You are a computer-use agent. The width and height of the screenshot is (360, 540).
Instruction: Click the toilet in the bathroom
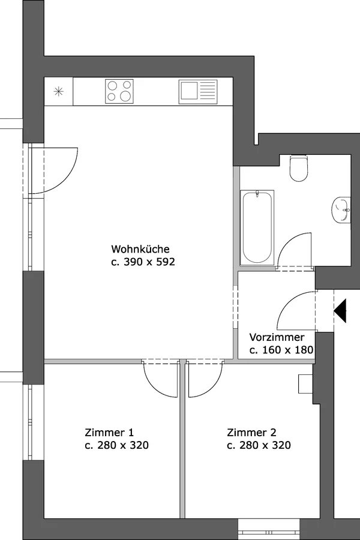click(299, 168)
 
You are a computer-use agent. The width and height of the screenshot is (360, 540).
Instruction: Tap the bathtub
click(257, 227)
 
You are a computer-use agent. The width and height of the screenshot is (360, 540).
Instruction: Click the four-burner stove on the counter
click(119, 91)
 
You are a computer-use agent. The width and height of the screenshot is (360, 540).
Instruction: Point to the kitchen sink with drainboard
click(198, 92)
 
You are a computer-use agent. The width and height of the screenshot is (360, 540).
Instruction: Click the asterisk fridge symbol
click(59, 92)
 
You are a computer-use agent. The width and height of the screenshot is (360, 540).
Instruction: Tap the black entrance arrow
click(340, 311)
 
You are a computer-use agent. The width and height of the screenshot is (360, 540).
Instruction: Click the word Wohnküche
click(140, 248)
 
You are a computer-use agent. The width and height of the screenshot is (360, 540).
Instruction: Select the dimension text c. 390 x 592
click(143, 262)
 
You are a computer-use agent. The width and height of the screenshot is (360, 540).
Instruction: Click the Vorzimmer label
click(277, 337)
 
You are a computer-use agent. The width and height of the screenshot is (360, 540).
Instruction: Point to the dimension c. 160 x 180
click(281, 350)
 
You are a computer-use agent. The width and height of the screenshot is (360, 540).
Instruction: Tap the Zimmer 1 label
click(109, 432)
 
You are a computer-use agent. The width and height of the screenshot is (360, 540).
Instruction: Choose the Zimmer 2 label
click(251, 432)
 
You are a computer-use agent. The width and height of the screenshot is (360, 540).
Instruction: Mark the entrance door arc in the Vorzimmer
click(287, 303)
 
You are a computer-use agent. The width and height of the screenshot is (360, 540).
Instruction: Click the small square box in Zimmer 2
click(305, 383)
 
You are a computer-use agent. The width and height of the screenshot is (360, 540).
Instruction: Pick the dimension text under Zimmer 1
click(117, 445)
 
